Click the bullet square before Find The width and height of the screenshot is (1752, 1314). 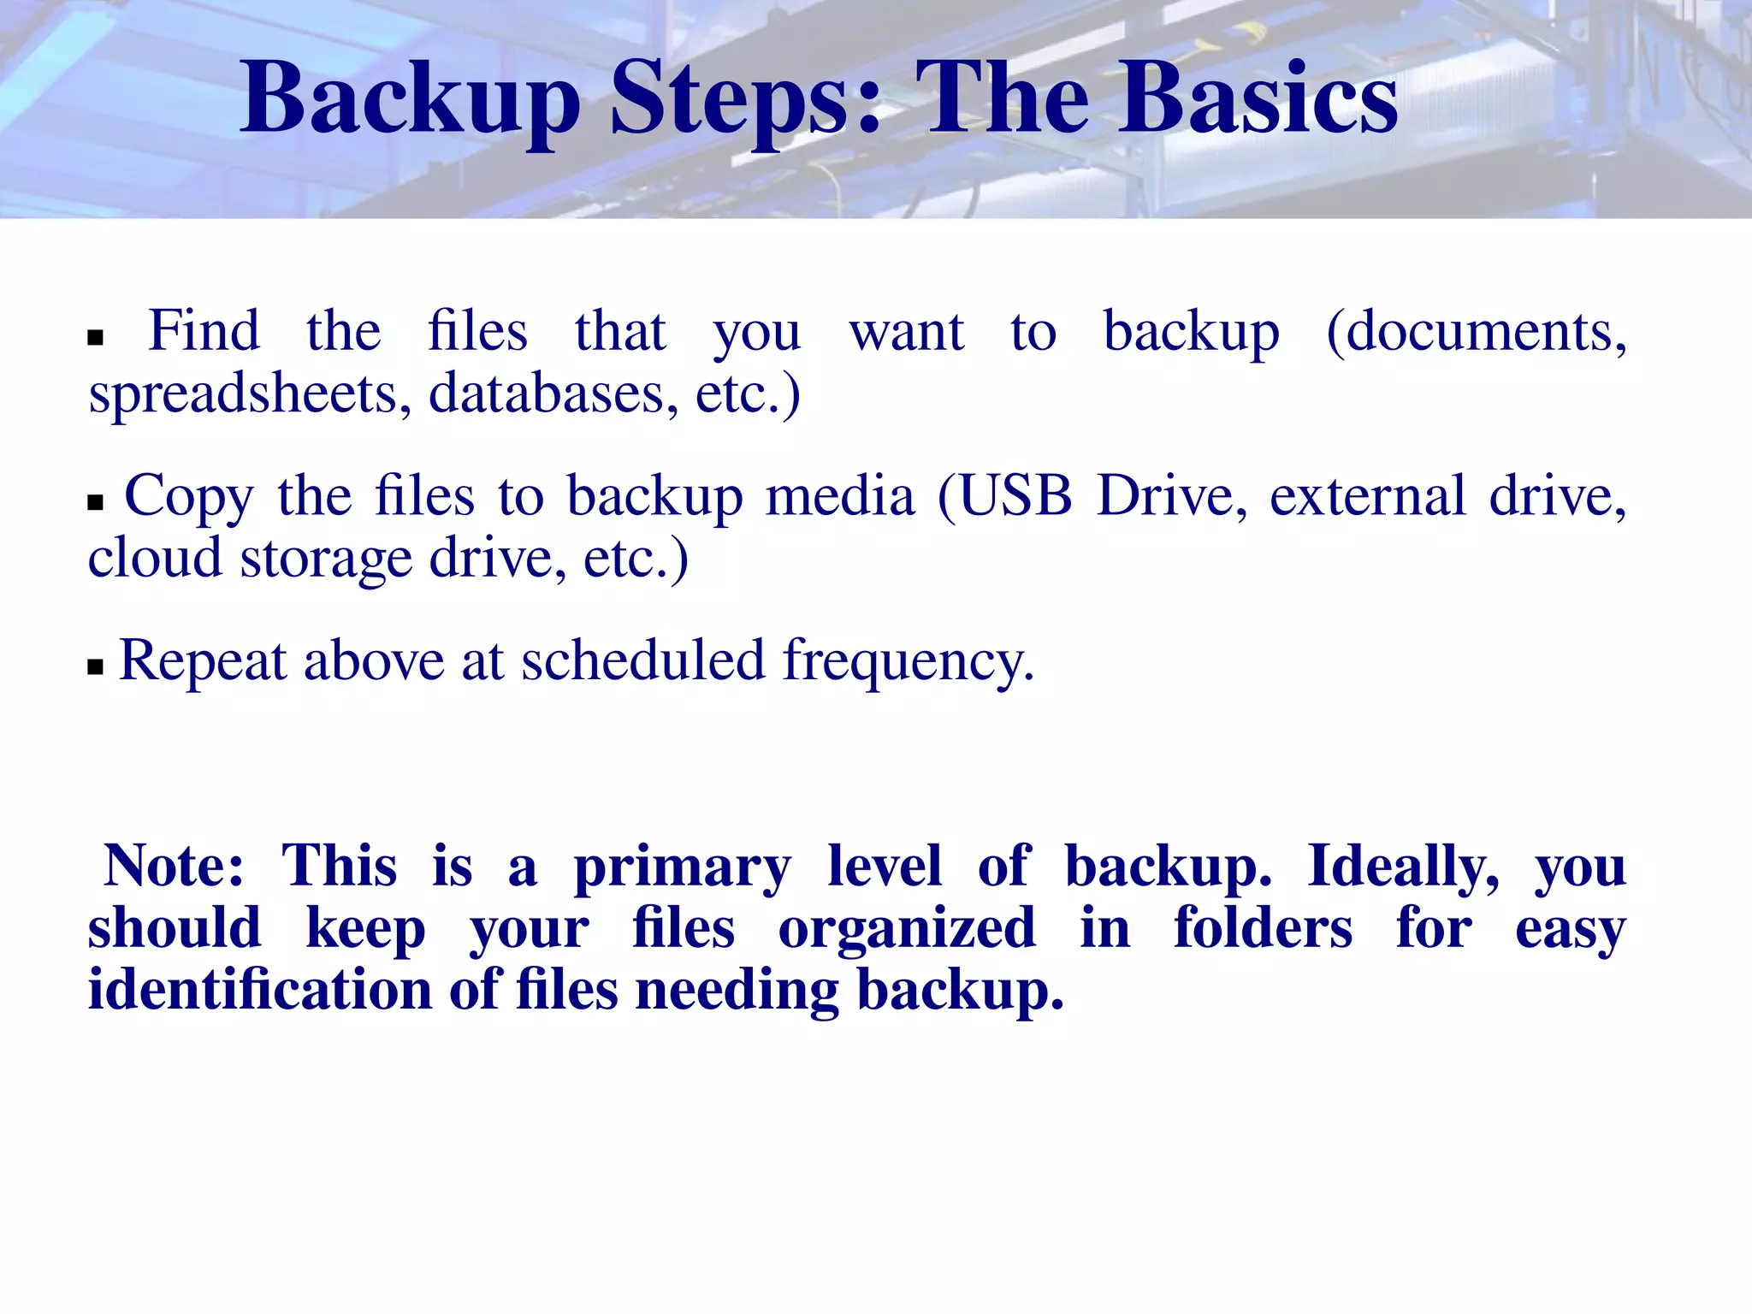[x=95, y=338]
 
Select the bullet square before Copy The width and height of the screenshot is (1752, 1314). [x=95, y=502]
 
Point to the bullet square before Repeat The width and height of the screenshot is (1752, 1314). [x=95, y=667]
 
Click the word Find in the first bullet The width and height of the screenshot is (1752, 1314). [x=204, y=330]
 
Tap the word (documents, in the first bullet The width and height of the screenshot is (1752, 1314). [x=1476, y=332]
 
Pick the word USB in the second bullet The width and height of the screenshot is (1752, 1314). [x=1015, y=495]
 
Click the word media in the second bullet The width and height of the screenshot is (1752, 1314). [x=839, y=495]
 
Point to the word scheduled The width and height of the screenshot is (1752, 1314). [x=642, y=660]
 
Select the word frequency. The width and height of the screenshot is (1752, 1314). [x=909, y=662]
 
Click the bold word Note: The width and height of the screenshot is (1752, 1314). [x=174, y=866]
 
